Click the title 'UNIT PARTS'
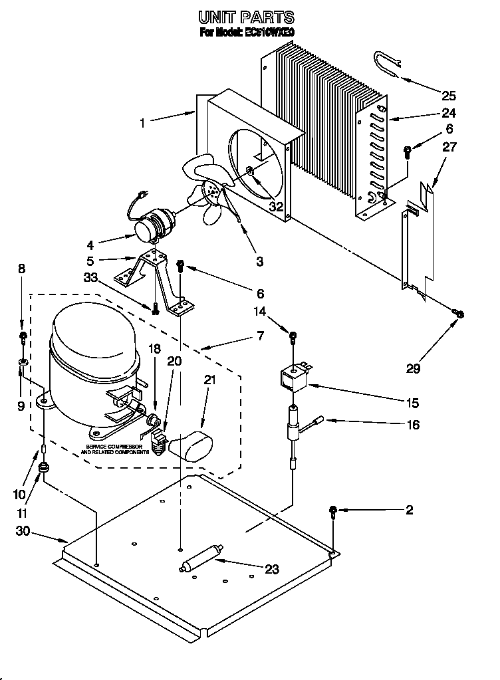pyautogui.click(x=247, y=17)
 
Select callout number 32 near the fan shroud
pyautogui.click(x=275, y=207)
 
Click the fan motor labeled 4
pyautogui.click(x=152, y=224)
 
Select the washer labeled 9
pyautogui.click(x=23, y=362)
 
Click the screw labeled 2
pyautogui.click(x=332, y=511)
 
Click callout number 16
pyautogui.click(x=413, y=425)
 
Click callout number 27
pyautogui.click(x=449, y=148)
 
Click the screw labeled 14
pyautogui.click(x=291, y=333)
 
